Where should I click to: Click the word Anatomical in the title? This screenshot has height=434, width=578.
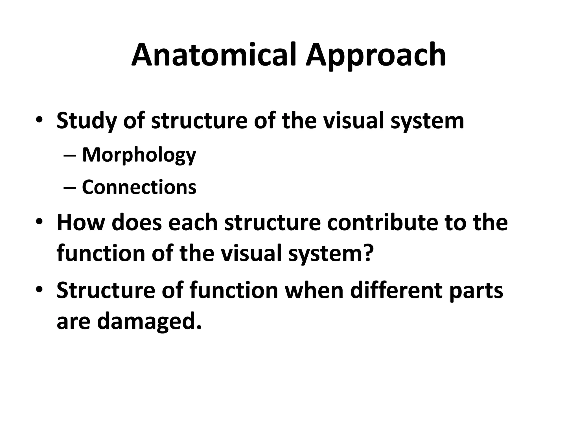tap(214, 55)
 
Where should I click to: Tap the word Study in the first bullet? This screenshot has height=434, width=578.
tap(86, 121)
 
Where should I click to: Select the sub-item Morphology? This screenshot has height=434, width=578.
tap(139, 155)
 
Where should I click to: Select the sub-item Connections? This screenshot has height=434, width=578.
tap(139, 187)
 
